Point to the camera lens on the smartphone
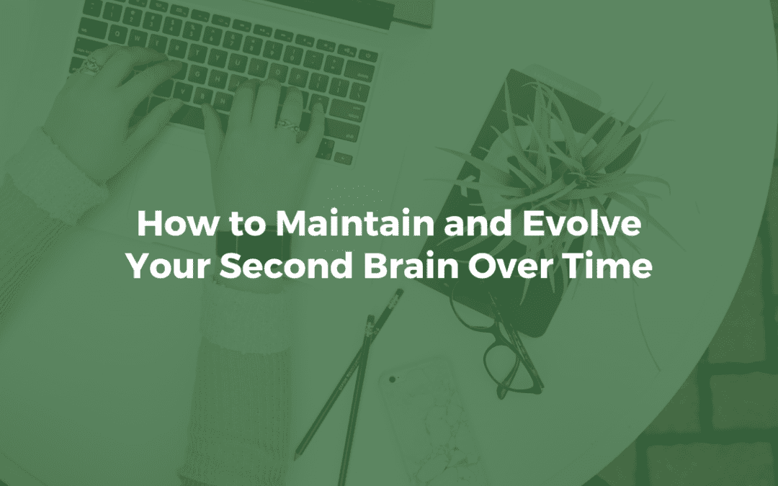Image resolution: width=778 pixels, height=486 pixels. coord(393,379)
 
